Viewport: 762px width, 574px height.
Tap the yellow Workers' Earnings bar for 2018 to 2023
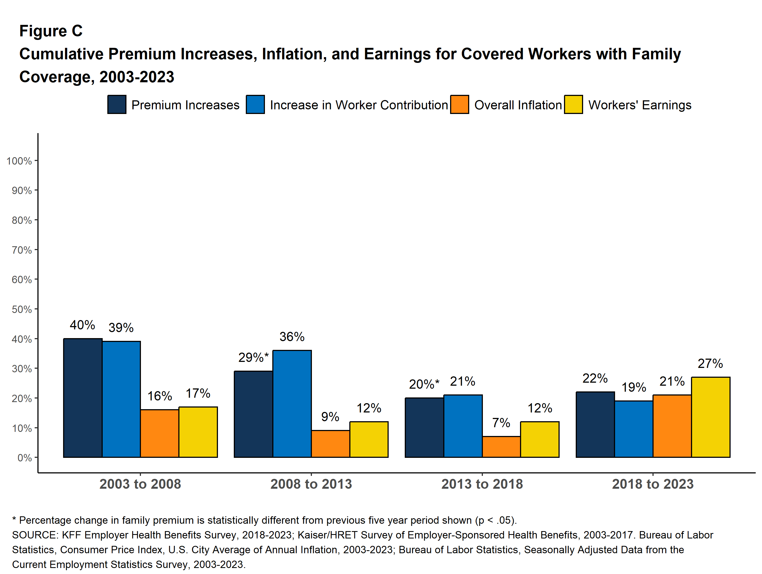(x=710, y=417)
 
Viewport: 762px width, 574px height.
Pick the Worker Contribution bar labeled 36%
(x=292, y=404)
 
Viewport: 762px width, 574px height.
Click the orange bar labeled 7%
(x=501, y=447)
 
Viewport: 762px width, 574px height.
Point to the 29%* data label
(x=253, y=358)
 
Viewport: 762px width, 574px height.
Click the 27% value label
(x=710, y=363)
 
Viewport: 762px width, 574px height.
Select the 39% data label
(x=121, y=327)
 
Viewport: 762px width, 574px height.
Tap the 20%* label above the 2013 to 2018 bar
(x=424, y=384)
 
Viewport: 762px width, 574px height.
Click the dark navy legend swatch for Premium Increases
(x=117, y=104)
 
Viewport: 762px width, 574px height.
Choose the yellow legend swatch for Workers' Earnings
(x=574, y=104)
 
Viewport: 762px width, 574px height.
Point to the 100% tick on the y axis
(x=19, y=161)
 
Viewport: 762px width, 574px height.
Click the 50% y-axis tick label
(x=22, y=309)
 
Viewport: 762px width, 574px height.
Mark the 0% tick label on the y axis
(x=25, y=458)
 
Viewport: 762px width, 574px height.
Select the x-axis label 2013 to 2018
(x=482, y=484)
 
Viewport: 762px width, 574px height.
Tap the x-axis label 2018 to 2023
(x=653, y=484)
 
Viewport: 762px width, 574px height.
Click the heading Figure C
(x=51, y=31)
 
